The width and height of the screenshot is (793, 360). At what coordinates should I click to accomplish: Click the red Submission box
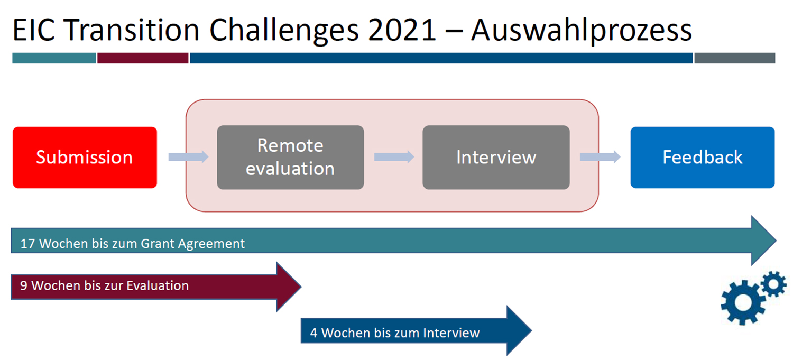pyautogui.click(x=85, y=158)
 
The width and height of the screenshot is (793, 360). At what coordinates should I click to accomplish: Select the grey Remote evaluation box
pyautogui.click(x=290, y=158)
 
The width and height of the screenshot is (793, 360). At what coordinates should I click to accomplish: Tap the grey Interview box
pyautogui.click(x=496, y=158)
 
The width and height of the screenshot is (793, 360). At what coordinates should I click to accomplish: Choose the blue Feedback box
pyautogui.click(x=703, y=158)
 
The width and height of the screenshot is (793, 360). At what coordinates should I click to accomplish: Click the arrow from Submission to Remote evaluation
pyautogui.click(x=188, y=157)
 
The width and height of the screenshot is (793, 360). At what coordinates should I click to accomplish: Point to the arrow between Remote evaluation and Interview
pyautogui.click(x=394, y=157)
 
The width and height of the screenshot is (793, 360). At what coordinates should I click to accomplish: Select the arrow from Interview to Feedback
pyautogui.click(x=600, y=157)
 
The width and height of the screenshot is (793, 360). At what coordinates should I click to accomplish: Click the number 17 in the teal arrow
pyautogui.click(x=27, y=244)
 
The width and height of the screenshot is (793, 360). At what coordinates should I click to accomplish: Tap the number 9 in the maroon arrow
pyautogui.click(x=24, y=285)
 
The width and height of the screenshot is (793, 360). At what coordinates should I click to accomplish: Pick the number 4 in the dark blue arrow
pyautogui.click(x=313, y=333)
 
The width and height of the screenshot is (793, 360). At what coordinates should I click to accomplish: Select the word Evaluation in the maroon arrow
pyautogui.click(x=158, y=285)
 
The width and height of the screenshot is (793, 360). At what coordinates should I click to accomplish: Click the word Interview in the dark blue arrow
pyautogui.click(x=451, y=333)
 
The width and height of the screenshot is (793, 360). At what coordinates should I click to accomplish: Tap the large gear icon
pyautogui.click(x=742, y=302)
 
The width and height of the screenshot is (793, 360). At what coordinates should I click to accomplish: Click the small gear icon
pyautogui.click(x=773, y=283)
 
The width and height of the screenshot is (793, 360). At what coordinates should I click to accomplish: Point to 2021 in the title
pyautogui.click(x=402, y=31)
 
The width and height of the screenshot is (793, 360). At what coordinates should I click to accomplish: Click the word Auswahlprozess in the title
pyautogui.click(x=582, y=31)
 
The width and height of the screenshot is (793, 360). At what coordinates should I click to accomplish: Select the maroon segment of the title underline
pyautogui.click(x=143, y=58)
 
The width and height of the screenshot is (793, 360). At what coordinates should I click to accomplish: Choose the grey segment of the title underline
pyautogui.click(x=735, y=58)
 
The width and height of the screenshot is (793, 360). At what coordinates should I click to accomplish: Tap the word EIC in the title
pyautogui.click(x=34, y=31)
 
